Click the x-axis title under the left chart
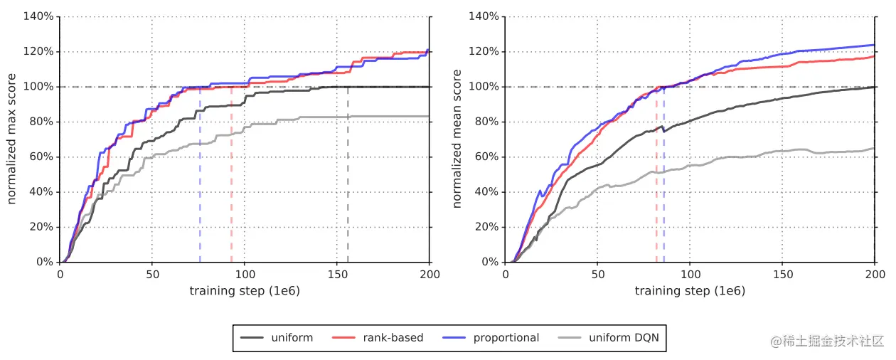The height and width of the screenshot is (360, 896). [x=244, y=290]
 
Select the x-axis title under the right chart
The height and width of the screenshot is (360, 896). [x=690, y=290]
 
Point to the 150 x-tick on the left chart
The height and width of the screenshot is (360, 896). [x=337, y=274]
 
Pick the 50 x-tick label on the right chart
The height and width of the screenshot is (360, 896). [x=597, y=274]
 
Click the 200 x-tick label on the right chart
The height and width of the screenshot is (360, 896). [x=874, y=274]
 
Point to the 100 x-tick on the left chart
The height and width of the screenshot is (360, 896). [x=245, y=274]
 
